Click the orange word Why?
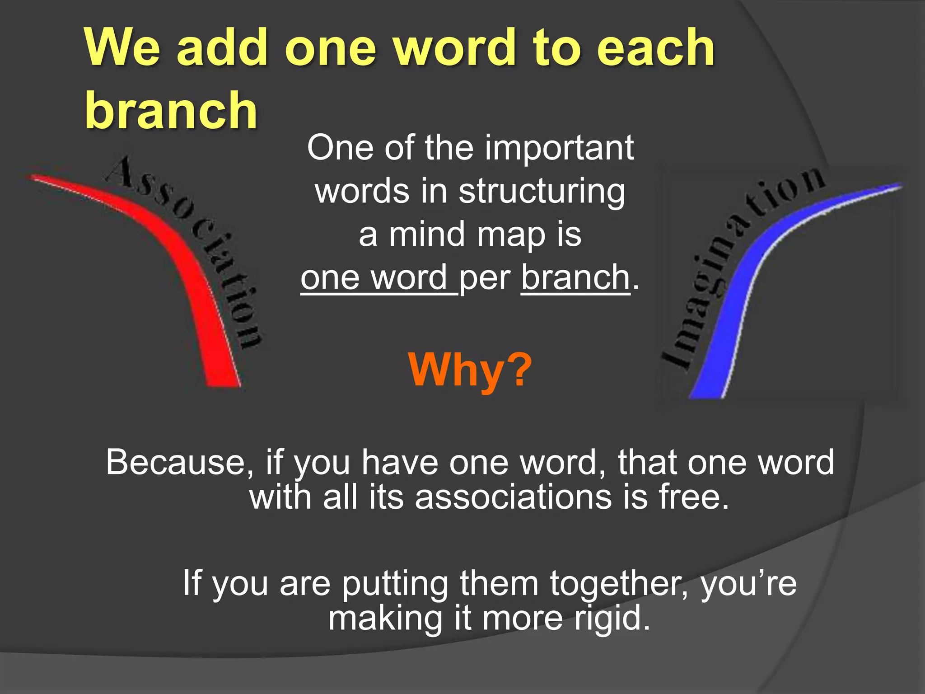[x=470, y=370]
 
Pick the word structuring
[x=542, y=192]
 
